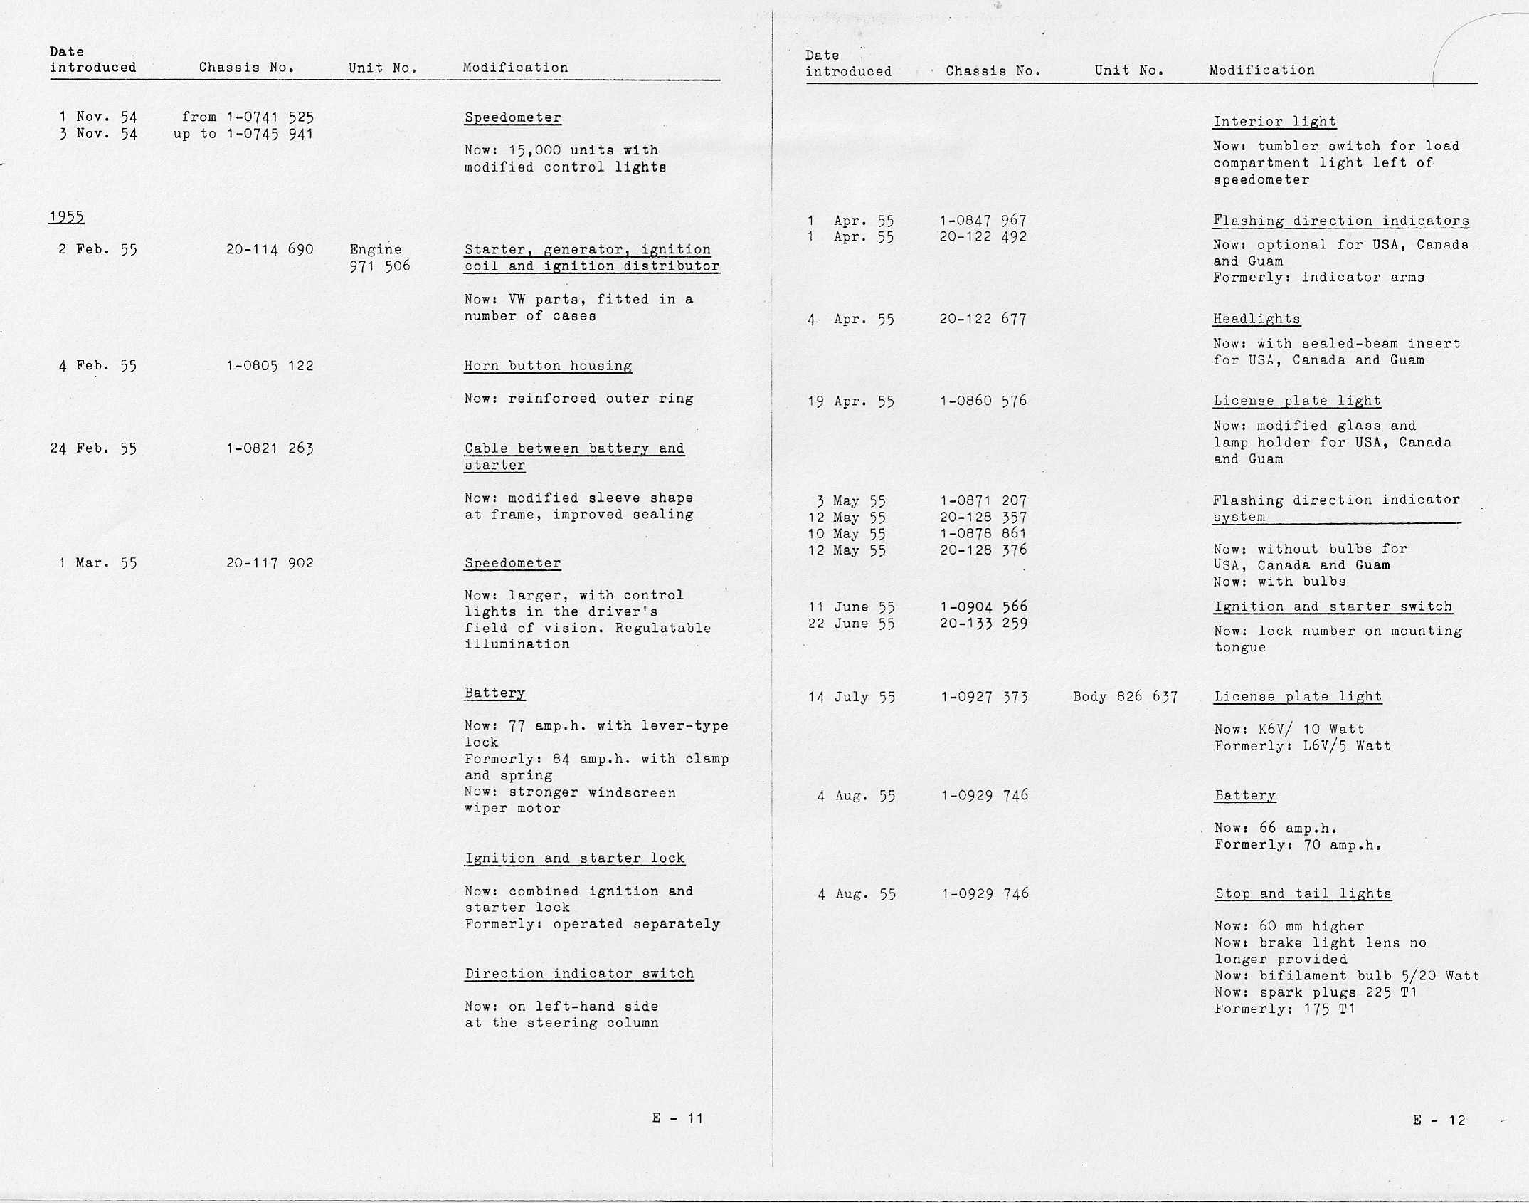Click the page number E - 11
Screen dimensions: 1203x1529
(677, 1118)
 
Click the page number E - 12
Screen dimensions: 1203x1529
(1439, 1120)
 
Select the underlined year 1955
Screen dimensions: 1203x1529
(66, 217)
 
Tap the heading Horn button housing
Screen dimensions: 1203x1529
(548, 366)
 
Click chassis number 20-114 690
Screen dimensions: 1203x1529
(270, 249)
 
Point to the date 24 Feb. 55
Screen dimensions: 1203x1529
(93, 448)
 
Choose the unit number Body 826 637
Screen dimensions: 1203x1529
(1125, 697)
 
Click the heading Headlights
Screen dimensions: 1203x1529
(1256, 319)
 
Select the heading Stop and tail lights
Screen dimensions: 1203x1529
(1303, 893)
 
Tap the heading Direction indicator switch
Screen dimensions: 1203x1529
(578, 974)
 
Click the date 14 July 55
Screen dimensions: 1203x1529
(851, 698)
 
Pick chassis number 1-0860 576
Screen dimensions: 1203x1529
(983, 401)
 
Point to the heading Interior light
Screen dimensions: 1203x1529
(1274, 122)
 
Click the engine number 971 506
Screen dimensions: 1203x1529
(380, 266)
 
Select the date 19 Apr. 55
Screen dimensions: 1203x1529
(850, 401)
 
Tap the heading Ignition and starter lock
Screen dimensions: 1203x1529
(574, 858)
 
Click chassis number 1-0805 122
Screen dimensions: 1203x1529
(270, 366)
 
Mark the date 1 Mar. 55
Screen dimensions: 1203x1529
(97, 563)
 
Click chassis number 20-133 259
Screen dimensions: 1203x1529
(983, 624)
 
